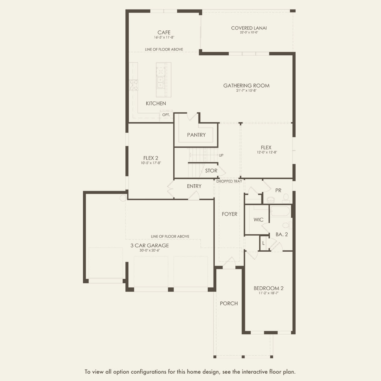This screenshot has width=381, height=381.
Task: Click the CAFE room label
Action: [x=164, y=32]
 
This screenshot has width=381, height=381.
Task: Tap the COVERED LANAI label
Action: [x=249, y=28]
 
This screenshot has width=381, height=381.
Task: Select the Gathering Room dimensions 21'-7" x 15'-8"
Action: [x=246, y=91]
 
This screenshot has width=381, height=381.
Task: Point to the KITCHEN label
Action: [x=156, y=103]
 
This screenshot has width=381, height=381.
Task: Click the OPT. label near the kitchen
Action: [x=166, y=115]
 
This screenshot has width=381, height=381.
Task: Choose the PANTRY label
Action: [x=196, y=135]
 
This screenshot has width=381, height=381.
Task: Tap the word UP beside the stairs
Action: [x=221, y=155]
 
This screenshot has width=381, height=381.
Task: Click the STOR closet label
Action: [x=211, y=171]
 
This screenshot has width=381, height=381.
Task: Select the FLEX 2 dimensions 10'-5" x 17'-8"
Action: [x=151, y=163]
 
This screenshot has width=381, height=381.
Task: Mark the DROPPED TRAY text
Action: [x=229, y=181]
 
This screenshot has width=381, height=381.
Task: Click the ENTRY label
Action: [x=194, y=186]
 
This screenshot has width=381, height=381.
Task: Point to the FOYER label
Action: [x=229, y=214]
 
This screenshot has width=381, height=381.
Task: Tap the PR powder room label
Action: [x=278, y=190]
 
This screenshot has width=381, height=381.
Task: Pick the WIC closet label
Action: [x=258, y=219]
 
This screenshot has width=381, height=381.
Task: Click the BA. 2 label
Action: [x=281, y=234]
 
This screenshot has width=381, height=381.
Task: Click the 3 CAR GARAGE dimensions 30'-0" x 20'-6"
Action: [x=149, y=250]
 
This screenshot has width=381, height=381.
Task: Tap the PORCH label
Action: [x=229, y=303]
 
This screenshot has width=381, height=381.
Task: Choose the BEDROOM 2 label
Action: [x=269, y=288]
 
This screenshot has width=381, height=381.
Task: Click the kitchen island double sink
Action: [x=160, y=83]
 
